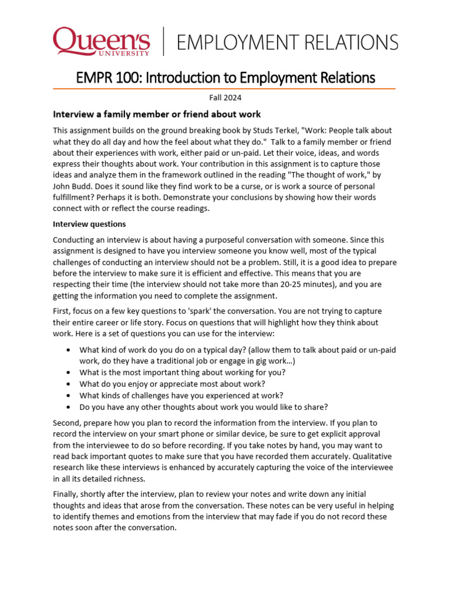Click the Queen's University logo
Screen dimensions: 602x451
(x=101, y=42)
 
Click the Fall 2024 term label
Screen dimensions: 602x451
(x=225, y=98)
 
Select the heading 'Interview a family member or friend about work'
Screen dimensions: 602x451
(x=157, y=113)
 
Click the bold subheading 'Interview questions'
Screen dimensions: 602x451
(x=89, y=224)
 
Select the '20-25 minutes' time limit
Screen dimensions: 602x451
(x=307, y=285)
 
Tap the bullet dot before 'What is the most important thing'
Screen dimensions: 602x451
(x=70, y=373)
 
